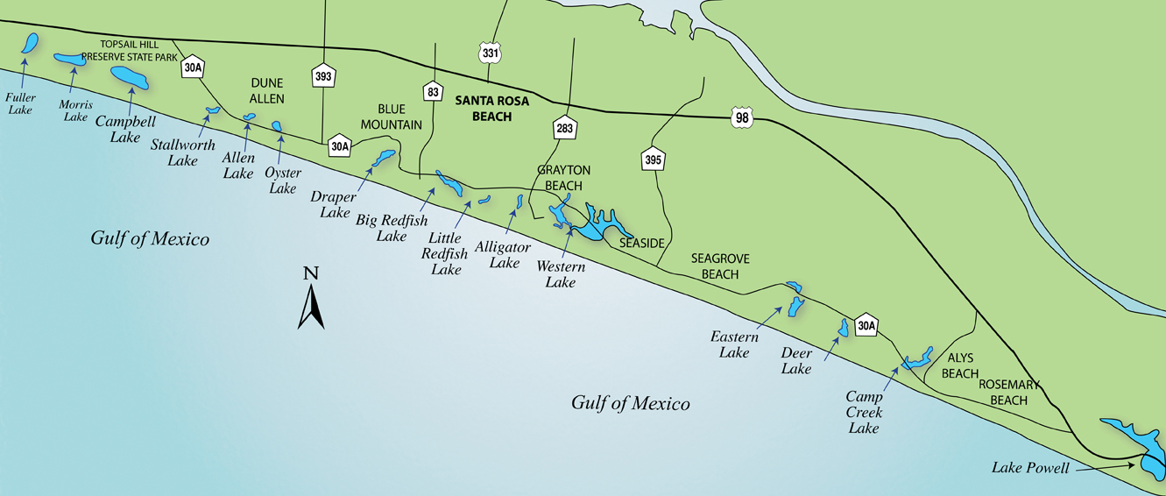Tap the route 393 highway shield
point(323,76)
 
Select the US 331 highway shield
point(491,53)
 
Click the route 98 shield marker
point(741,117)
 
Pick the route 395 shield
point(653,159)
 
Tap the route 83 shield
point(431,91)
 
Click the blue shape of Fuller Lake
point(31,44)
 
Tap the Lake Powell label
point(1030,468)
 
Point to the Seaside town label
point(642,243)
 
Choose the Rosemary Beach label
point(1008,393)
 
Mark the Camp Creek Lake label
point(864,412)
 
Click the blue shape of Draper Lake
point(384,159)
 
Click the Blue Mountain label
point(392,117)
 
